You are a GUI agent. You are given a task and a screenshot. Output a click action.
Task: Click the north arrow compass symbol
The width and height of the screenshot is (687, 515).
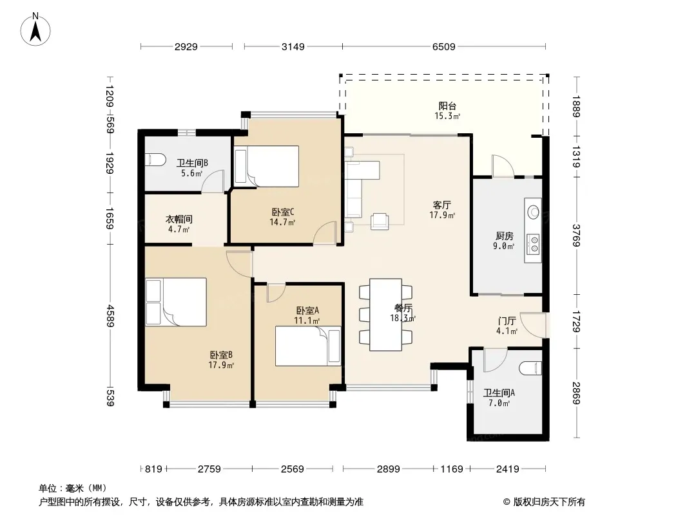35,30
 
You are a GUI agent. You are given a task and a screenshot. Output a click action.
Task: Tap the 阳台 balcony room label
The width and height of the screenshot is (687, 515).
447,106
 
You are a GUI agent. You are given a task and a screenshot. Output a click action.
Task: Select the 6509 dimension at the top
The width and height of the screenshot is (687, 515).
444,46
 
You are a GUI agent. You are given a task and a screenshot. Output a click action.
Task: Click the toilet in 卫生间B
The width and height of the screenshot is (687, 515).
155,159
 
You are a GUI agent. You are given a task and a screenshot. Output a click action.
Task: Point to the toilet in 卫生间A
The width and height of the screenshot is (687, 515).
530,368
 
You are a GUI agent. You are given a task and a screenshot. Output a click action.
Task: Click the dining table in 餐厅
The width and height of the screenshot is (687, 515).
385,315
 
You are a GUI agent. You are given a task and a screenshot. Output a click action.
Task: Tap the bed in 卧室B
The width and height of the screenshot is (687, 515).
176,302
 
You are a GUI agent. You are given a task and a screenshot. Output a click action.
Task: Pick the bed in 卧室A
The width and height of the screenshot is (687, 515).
308,346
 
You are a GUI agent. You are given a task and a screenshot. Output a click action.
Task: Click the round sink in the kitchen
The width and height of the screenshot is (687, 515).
533,212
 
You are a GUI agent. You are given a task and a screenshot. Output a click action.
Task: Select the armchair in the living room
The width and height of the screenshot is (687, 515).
380,221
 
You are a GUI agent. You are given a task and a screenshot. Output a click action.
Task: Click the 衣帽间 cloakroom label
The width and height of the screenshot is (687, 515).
179,219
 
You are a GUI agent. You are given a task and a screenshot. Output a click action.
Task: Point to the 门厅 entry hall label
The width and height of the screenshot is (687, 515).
507,321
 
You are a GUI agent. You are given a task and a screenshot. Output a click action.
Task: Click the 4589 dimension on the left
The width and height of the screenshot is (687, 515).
110,316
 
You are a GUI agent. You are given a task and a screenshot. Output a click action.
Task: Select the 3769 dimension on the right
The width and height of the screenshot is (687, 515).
576,236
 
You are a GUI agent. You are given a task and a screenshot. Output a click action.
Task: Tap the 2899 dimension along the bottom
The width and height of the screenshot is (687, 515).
388,469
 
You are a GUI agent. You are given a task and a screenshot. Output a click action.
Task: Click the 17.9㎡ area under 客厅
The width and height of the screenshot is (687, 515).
442,215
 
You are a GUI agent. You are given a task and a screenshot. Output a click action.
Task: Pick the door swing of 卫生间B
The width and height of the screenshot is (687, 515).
213,181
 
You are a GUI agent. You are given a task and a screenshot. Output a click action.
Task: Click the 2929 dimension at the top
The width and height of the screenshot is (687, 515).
186,46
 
